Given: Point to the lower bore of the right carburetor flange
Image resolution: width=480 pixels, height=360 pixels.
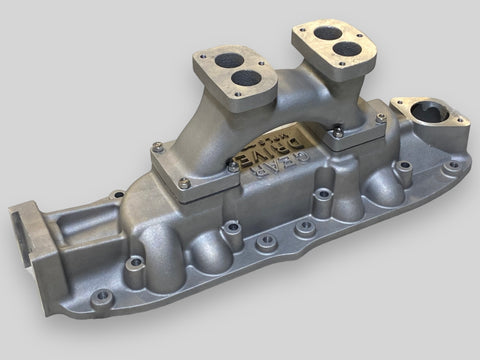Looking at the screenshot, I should point(345,47).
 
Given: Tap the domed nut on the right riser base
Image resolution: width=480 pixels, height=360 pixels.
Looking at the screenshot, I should point(338,129).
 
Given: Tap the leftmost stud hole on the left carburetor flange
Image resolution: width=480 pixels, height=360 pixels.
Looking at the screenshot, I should point(204,61).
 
